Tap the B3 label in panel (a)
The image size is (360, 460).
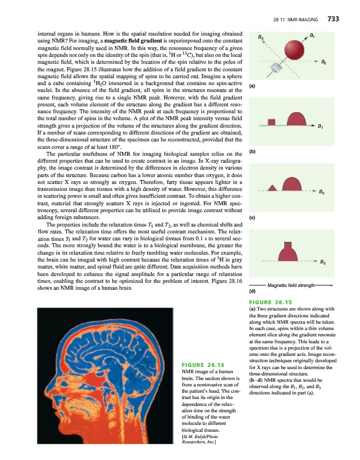(x=261, y=38)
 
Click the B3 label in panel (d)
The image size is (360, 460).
(x=324, y=263)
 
